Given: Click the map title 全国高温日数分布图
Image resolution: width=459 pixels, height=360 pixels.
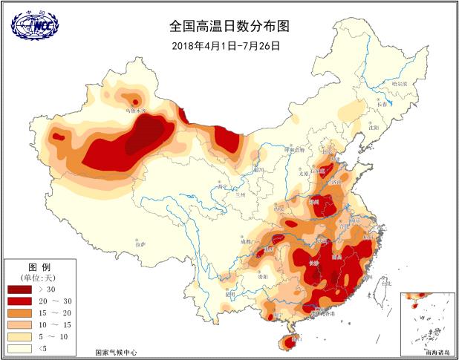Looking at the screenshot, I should point(229,26).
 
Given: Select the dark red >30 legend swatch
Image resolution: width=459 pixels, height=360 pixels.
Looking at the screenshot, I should point(19,289).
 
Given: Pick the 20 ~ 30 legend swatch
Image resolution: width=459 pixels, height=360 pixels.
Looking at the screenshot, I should point(19,301).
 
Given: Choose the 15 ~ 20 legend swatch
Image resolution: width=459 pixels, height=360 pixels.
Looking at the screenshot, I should point(19,312).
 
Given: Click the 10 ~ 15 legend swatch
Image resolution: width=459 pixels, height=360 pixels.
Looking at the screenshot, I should point(19,324).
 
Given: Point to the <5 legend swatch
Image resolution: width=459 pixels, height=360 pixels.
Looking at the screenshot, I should point(19,348).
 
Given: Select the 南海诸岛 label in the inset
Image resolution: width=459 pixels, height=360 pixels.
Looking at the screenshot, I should point(436,350).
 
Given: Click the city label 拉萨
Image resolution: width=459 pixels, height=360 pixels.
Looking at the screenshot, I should point(140,243).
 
